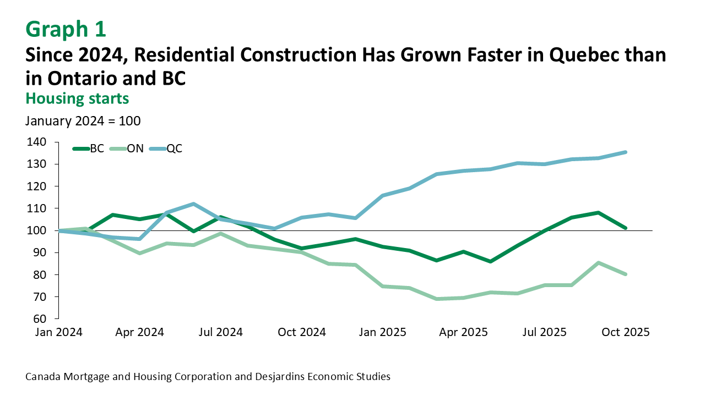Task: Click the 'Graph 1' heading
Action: pyautogui.click(x=66, y=29)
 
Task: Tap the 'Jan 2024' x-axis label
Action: pyautogui.click(x=59, y=332)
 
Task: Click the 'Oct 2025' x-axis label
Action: pyautogui.click(x=626, y=332)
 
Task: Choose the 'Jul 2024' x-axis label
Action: pyautogui.click(x=220, y=332)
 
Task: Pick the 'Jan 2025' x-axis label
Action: pyautogui.click(x=383, y=332)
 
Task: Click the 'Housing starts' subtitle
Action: pyautogui.click(x=77, y=98)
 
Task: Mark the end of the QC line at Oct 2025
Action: pyautogui.click(x=626, y=152)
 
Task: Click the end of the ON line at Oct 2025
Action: pyautogui.click(x=626, y=274)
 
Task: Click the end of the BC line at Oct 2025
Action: pyautogui.click(x=626, y=228)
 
